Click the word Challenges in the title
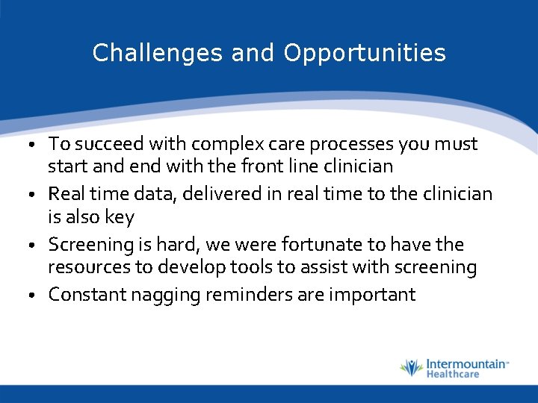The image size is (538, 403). pyautogui.click(x=157, y=53)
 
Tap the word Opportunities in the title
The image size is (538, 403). pyautogui.click(x=365, y=54)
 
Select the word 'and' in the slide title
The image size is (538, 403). pyautogui.click(x=253, y=52)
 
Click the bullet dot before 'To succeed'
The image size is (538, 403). pyautogui.click(x=32, y=144)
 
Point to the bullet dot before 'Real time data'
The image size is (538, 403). pyautogui.click(x=32, y=195)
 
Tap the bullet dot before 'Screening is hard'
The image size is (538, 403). pyautogui.click(x=32, y=245)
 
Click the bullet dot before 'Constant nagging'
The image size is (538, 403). pyautogui.click(x=32, y=295)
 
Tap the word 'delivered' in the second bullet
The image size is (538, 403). pyautogui.click(x=222, y=193)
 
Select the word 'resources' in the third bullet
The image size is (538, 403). pyautogui.click(x=89, y=267)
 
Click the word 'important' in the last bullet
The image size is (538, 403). pyautogui.click(x=373, y=295)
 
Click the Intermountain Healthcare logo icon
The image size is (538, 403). pyautogui.click(x=412, y=368)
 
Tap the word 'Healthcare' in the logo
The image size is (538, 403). pyautogui.click(x=453, y=374)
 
